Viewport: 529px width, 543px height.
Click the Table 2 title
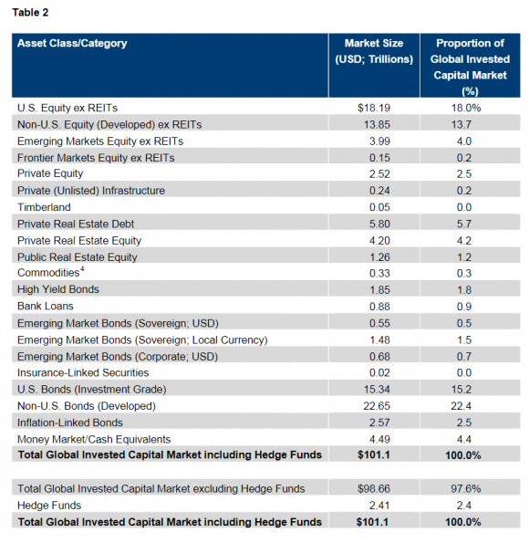pyautogui.click(x=30, y=13)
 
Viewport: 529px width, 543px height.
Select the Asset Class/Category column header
pyautogui.click(x=72, y=43)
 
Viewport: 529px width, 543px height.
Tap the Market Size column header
pyautogui.click(x=374, y=51)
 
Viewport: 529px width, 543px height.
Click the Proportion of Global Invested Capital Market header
pyautogui.click(x=470, y=68)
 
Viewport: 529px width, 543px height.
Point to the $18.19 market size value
pyautogui.click(x=374, y=108)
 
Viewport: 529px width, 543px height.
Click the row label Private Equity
pyautogui.click(x=50, y=173)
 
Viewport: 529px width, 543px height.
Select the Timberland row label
pyautogui.click(x=44, y=207)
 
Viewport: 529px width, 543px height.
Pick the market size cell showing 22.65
pyautogui.click(x=377, y=405)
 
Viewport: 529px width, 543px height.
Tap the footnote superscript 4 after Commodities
pyautogui.click(x=82, y=268)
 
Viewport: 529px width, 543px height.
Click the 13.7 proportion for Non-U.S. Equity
pyautogui.click(x=462, y=125)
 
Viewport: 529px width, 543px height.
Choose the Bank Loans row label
pyautogui.click(x=46, y=306)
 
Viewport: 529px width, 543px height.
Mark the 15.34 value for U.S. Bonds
pyautogui.click(x=377, y=390)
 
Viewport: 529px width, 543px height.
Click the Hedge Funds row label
pyautogui.click(x=49, y=506)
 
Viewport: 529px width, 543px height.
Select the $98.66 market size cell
pyautogui.click(x=374, y=488)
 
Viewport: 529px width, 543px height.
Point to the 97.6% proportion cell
pyautogui.click(x=466, y=488)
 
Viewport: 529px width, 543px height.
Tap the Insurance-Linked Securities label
pyautogui.click(x=83, y=372)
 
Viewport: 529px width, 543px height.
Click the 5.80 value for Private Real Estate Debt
pyautogui.click(x=379, y=224)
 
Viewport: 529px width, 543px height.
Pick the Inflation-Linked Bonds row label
pyautogui.click(x=70, y=423)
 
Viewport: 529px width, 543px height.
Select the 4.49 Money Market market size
pyautogui.click(x=379, y=439)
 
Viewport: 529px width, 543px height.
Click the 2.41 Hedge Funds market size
pyautogui.click(x=379, y=506)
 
